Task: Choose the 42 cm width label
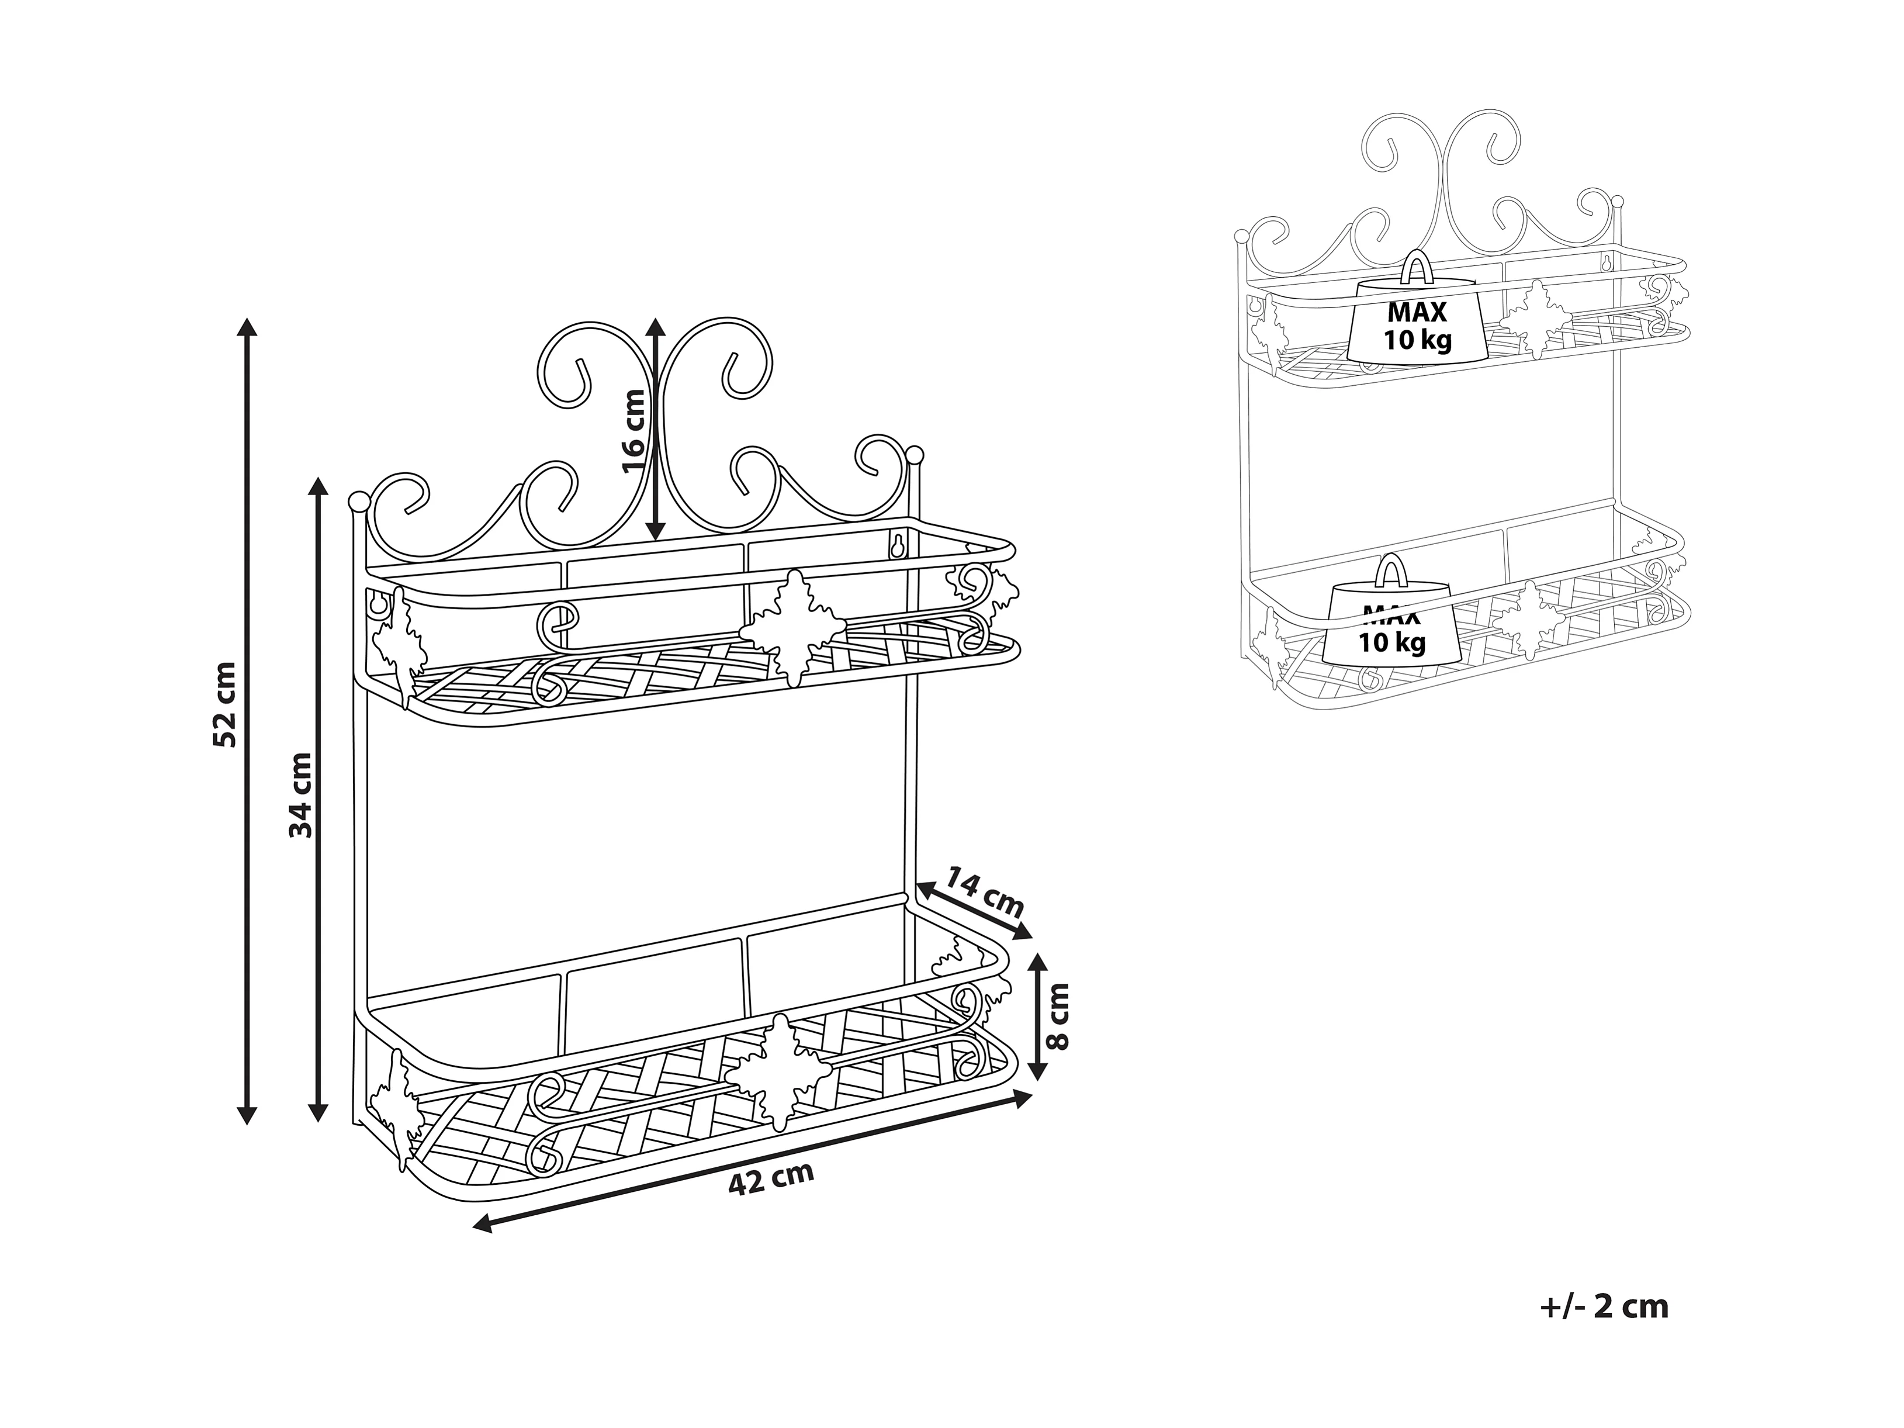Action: click(770, 1179)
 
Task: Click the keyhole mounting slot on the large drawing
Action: click(897, 547)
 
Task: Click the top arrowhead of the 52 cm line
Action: click(247, 328)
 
